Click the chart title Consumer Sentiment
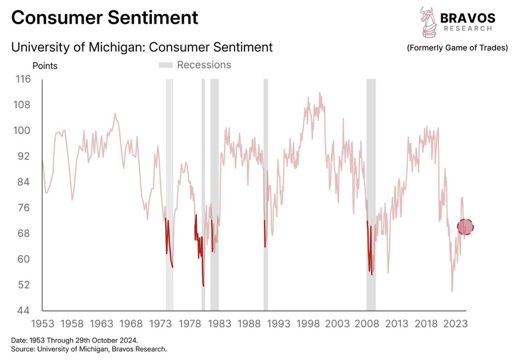pos(104,18)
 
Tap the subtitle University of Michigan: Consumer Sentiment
pos(142,47)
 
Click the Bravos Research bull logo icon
pos(427,22)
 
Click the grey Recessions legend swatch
pos(166,65)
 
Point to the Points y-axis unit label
pos(45,66)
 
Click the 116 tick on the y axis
pos(23,79)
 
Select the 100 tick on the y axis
pos(23,131)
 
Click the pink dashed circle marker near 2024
pos(465,226)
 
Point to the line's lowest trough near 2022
pos(452,291)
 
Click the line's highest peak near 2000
pos(319,92)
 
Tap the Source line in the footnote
pos(89,349)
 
